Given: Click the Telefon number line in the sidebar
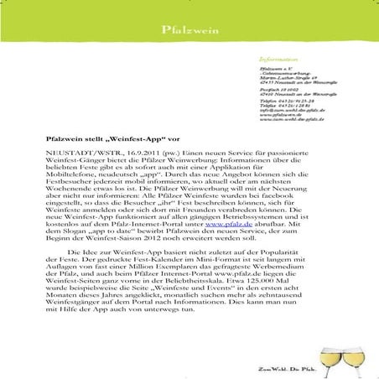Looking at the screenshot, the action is pyautogui.click(x=281, y=101).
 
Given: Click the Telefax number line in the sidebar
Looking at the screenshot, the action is pyautogui.click(x=280, y=106).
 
